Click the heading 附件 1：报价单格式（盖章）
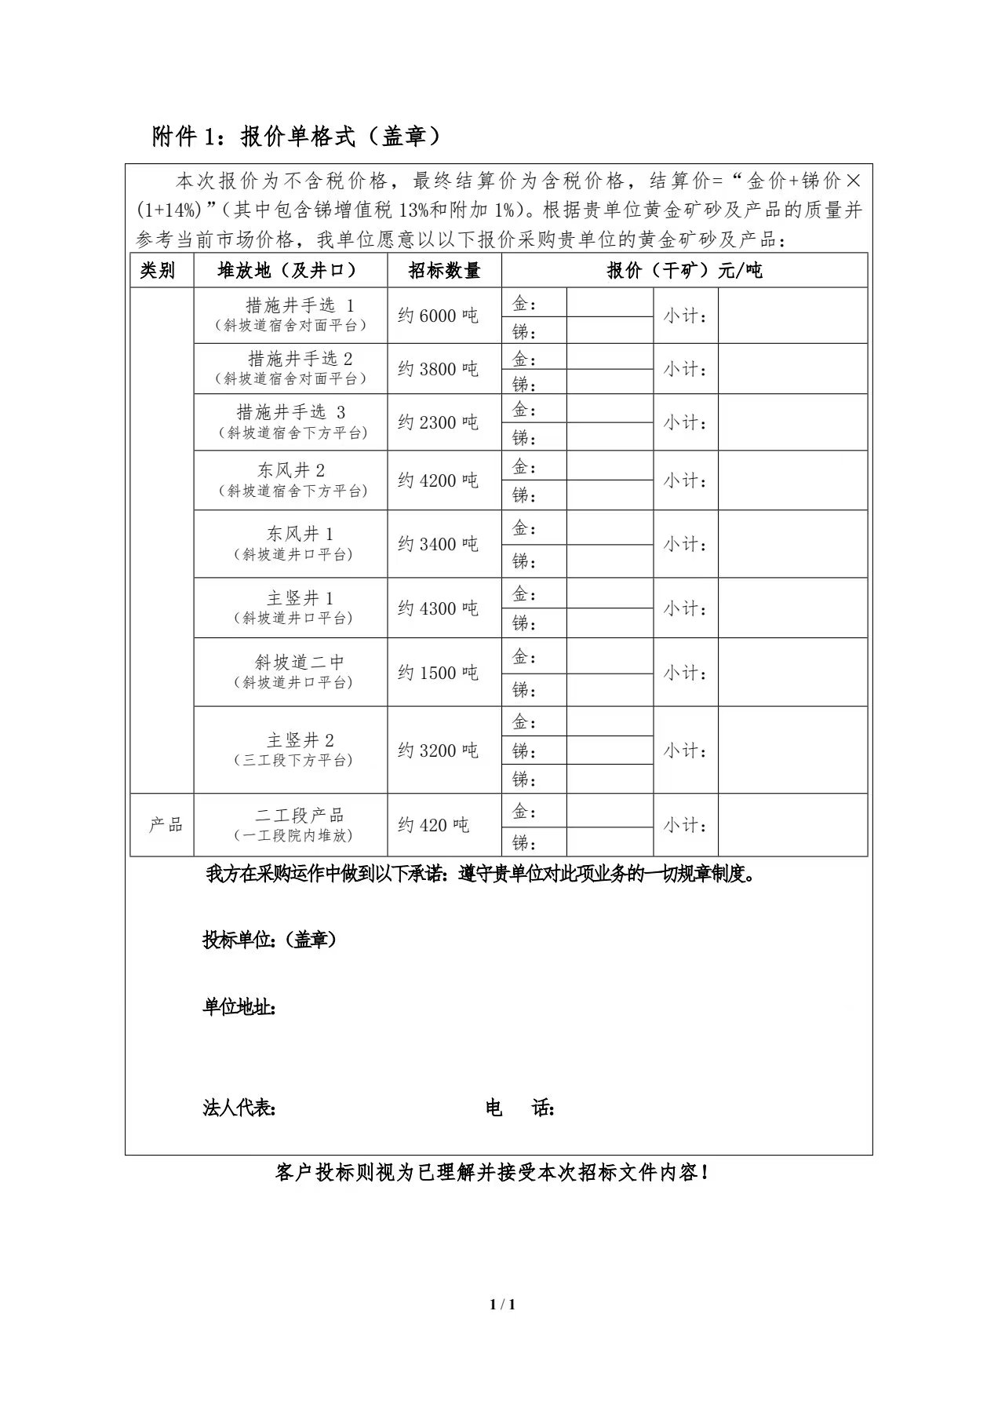pos(297,137)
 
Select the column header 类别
pos(158,271)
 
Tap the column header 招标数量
pos(444,271)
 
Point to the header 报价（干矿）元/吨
pos(684,271)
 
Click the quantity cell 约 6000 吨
pos(438,316)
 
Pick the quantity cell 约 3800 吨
pos(438,369)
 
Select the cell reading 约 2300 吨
pos(438,422)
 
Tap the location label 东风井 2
pos(291,470)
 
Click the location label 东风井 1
pos(300,534)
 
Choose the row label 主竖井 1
pos(300,598)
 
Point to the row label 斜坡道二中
pos(300,663)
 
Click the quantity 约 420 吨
pos(433,825)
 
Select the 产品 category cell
pos(166,825)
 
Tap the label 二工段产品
pos(300,816)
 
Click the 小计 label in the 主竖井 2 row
pos(685,750)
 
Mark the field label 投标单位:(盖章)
pos(270,940)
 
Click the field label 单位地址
pos(239,1007)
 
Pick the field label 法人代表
pos(239,1108)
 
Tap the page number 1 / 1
pos(502,1305)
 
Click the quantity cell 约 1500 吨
pos(438,673)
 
